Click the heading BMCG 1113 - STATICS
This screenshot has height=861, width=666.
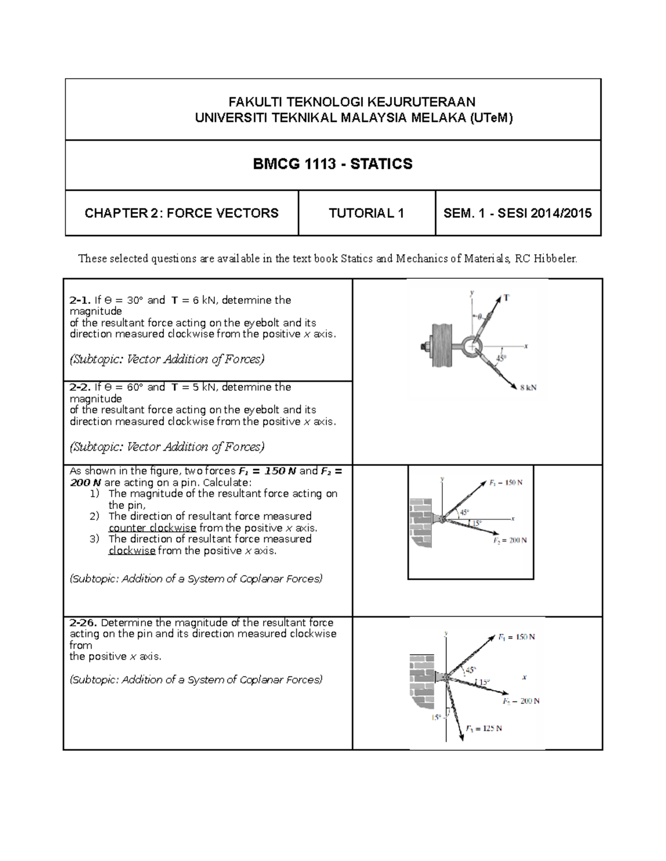332,164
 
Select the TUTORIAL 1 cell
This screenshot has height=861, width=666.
366,213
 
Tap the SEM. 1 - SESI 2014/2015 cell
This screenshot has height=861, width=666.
517,213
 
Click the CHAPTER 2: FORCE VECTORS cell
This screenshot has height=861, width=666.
181,213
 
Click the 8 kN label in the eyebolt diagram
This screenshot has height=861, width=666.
528,388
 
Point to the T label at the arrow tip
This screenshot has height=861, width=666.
506,298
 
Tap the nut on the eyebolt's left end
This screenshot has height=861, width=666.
424,348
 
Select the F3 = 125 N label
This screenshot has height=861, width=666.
483,728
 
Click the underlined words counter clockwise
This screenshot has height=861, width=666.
152,528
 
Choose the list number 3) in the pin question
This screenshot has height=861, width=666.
94,539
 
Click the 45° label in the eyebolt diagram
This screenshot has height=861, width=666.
501,359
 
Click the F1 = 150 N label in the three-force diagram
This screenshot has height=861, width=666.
516,637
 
